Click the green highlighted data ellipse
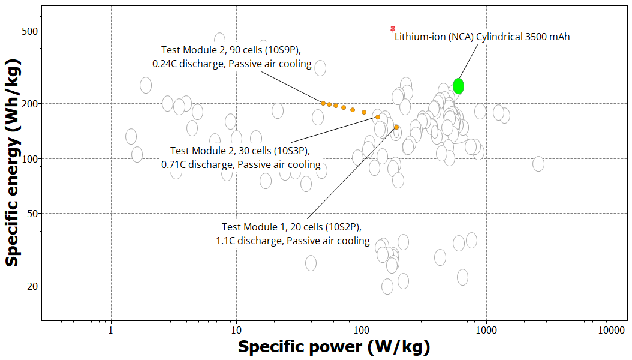[x=459, y=86]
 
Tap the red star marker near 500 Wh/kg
[x=393, y=28]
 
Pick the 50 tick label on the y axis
[x=32, y=213]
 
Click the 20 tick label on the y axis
[x=32, y=286]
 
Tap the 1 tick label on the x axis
[x=111, y=329]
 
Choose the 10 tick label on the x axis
[x=236, y=329]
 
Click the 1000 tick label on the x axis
[x=486, y=329]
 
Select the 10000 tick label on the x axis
[x=611, y=329]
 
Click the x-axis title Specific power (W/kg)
[x=334, y=347]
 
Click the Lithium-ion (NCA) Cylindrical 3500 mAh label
[x=482, y=37]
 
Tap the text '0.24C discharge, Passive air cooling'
[x=231, y=64]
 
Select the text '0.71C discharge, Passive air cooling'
[x=240, y=164]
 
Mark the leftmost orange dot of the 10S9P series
[x=323, y=103]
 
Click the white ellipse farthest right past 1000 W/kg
[x=538, y=164]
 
